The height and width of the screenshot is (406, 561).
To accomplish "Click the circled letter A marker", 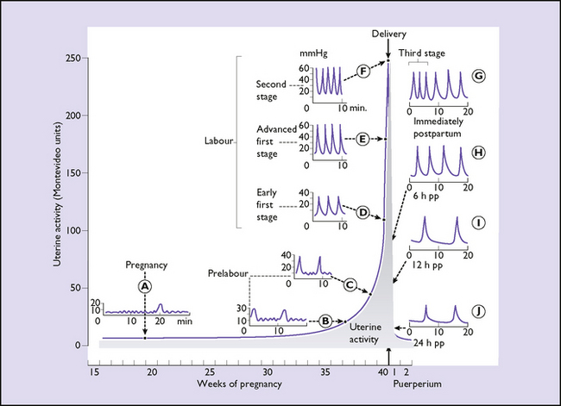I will point(145,284).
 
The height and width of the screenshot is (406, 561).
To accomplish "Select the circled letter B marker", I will point(325,320).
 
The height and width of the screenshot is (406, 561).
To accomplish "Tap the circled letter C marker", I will point(350,284).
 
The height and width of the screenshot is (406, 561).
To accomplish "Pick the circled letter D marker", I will point(363,212).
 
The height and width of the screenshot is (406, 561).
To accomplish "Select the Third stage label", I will point(423,53).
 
